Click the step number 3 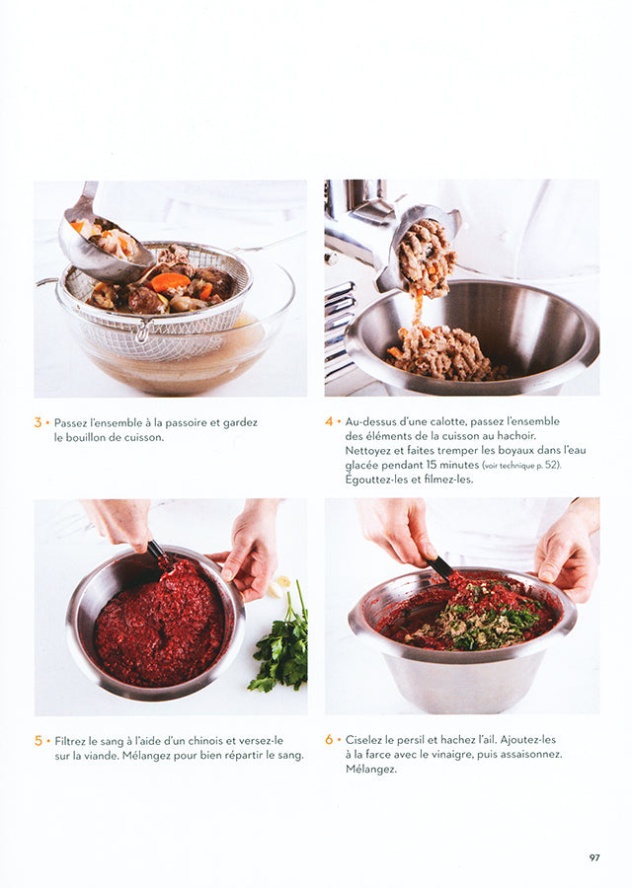38,422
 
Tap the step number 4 329,421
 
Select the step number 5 38,740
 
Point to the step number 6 329,739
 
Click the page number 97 594,857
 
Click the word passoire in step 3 167,422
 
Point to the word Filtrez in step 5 72,740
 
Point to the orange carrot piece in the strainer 170,282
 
